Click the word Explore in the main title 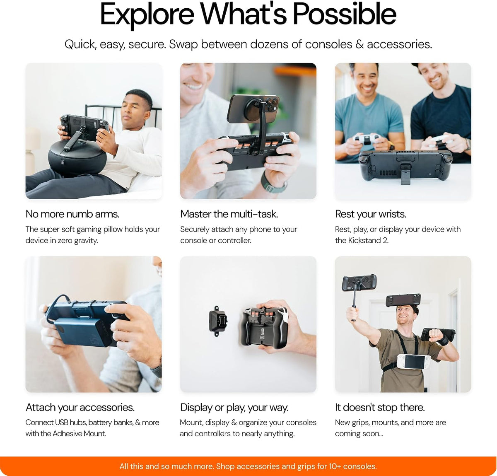[x=147, y=15]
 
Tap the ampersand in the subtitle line [x=359, y=44]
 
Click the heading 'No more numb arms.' [x=72, y=214]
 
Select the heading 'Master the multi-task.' [x=229, y=214]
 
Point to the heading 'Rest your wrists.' [x=371, y=214]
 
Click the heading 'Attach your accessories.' [x=80, y=408]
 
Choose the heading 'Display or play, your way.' [x=234, y=408]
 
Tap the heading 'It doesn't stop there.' [x=380, y=408]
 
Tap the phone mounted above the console [x=253, y=108]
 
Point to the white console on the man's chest [x=414, y=362]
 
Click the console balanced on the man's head [x=403, y=300]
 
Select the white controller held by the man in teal [x=366, y=139]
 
